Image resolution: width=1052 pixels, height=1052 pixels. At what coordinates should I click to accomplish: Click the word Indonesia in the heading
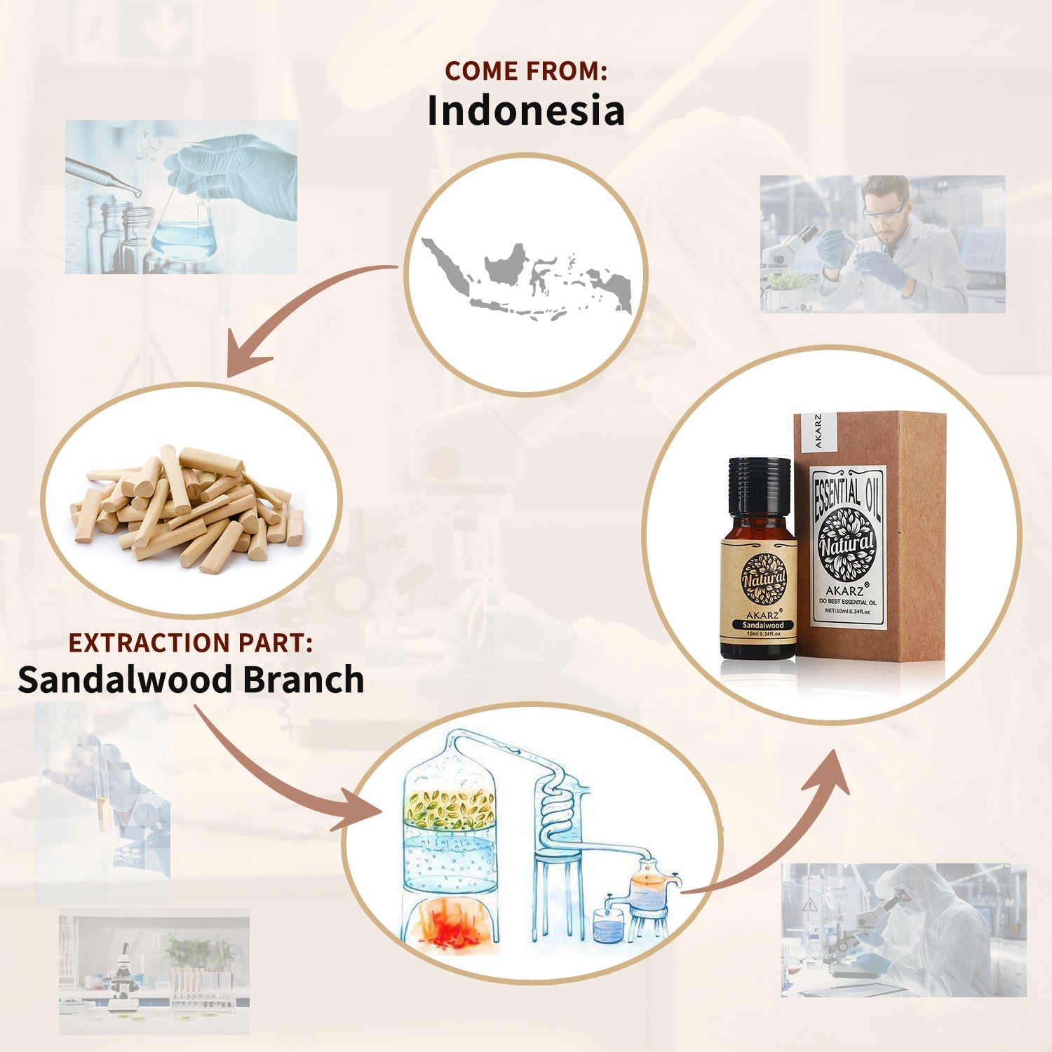pyautogui.click(x=525, y=111)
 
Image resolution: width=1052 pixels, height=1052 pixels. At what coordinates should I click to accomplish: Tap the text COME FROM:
pyautogui.click(x=525, y=71)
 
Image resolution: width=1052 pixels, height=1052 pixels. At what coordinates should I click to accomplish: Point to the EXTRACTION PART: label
pyautogui.click(x=190, y=643)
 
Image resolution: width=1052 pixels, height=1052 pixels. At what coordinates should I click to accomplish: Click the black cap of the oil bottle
pyautogui.click(x=759, y=485)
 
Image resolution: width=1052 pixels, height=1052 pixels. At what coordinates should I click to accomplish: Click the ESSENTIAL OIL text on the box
pyautogui.click(x=847, y=492)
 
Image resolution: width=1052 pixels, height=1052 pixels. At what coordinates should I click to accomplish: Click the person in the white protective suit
pyautogui.click(x=926, y=926)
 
